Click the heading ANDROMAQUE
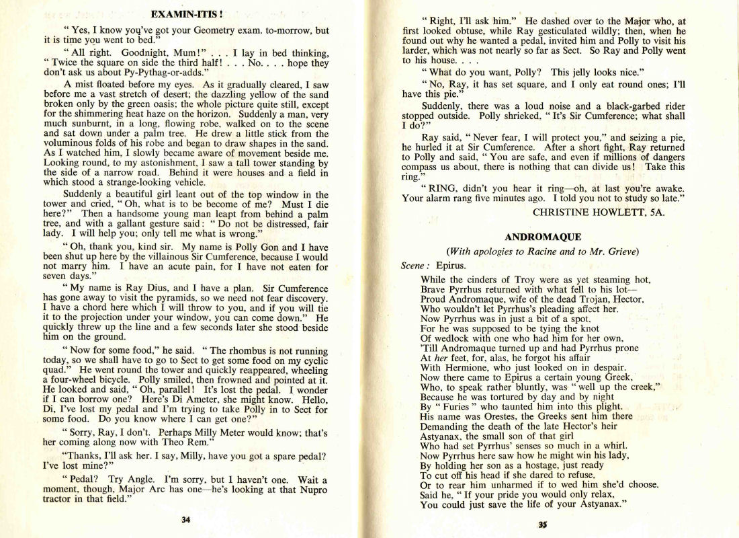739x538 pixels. [x=542, y=237]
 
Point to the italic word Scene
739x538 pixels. [x=412, y=266]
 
